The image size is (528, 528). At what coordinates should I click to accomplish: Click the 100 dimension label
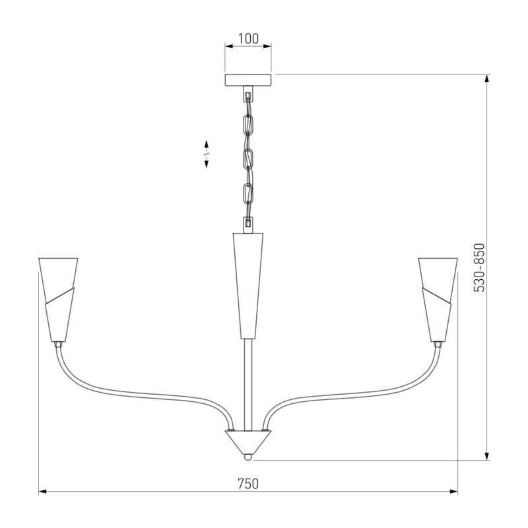click(249, 39)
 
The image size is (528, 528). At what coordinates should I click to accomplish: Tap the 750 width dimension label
click(248, 484)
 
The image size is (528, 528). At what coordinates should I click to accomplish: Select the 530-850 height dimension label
click(479, 267)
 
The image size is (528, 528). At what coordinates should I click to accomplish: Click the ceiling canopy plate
click(248, 79)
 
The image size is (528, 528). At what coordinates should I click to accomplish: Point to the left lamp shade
click(58, 300)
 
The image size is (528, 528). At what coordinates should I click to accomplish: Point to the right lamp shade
click(438, 300)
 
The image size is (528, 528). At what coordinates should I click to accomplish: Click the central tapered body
click(248, 285)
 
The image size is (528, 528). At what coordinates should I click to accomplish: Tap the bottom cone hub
click(248, 442)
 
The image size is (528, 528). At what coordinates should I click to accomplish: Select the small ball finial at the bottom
click(248, 457)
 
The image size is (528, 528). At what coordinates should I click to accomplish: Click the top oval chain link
click(249, 125)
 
